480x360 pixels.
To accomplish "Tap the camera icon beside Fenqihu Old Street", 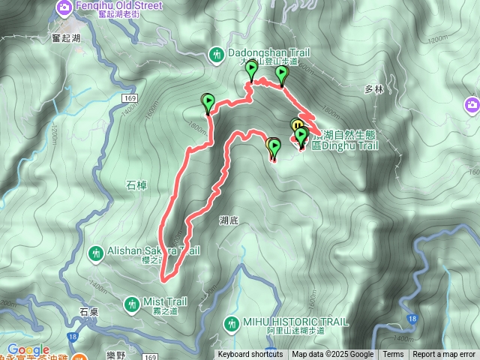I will (x=64, y=8).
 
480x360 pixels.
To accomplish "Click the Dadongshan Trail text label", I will (x=259, y=54).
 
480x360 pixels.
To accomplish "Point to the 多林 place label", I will (x=373, y=89).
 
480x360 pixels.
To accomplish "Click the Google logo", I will (x=28, y=349).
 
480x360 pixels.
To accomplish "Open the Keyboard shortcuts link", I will (x=250, y=355).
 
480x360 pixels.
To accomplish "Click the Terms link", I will (x=393, y=355).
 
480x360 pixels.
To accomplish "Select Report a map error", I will (x=444, y=355).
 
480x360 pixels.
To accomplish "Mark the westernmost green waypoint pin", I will (x=208, y=101).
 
